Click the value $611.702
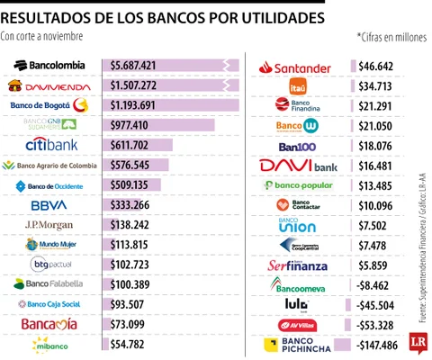130,145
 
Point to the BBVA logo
49,204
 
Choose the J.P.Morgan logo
49,224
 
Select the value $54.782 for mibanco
127,344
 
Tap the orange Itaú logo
298,86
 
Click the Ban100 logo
297,146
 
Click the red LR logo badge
415,341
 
